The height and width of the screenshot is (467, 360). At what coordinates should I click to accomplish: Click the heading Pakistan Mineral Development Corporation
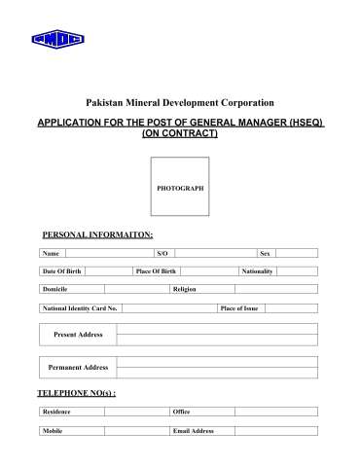180,102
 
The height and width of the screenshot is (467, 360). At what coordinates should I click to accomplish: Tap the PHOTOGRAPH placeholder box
180,187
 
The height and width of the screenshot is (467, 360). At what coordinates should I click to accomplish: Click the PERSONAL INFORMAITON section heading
97,234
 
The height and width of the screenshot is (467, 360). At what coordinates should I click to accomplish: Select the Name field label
51,253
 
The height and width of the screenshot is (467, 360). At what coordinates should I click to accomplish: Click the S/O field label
162,253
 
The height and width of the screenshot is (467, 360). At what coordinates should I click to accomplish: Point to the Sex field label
265,253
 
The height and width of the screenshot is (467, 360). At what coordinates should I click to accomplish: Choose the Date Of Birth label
61,270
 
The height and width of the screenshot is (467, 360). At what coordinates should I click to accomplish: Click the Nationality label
258,270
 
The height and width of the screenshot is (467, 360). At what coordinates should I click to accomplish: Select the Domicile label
55,289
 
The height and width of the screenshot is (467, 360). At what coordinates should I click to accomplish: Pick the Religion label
185,289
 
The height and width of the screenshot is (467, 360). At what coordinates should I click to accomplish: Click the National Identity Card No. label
80,307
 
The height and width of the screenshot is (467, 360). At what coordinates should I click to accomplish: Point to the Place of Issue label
239,307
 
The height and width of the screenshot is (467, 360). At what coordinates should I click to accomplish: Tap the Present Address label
77,334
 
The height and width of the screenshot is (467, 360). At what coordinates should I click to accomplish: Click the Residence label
57,412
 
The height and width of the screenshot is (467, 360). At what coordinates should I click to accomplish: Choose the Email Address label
193,430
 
